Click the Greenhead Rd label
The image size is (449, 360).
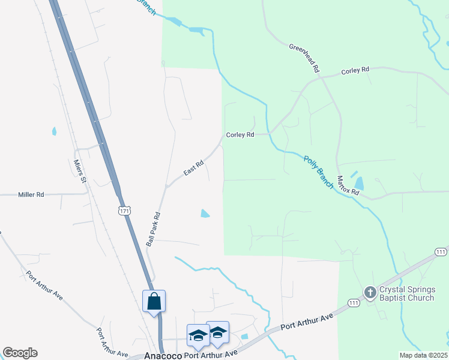304,58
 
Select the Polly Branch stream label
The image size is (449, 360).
318,172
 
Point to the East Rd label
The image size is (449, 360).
194,167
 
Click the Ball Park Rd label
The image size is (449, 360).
154,230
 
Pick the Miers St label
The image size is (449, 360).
80,171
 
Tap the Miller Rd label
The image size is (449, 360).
31,194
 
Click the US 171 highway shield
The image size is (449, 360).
124,211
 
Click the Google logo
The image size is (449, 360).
20,353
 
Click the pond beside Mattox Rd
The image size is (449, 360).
359,184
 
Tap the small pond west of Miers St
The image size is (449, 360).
54,131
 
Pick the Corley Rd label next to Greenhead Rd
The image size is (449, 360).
355,71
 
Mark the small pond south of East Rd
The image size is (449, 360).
205,213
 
